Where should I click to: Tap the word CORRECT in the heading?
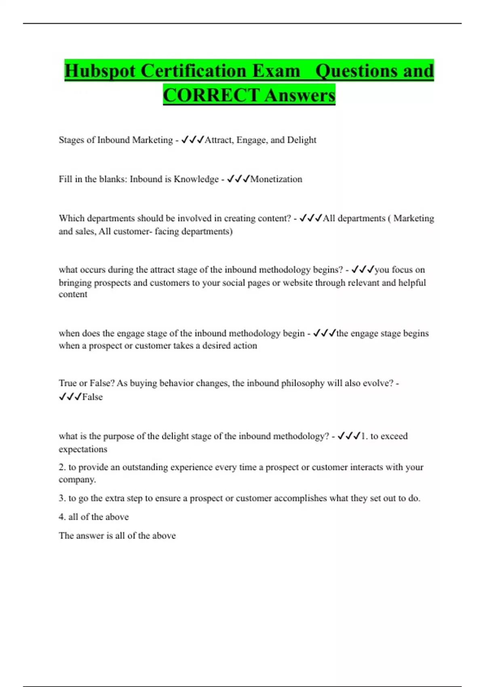[x=211, y=95]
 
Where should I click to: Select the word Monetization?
[x=276, y=179]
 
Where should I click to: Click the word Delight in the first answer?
[x=302, y=140]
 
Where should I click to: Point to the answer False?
[x=93, y=397]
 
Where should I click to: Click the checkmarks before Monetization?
[x=238, y=179]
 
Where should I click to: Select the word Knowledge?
[x=196, y=179]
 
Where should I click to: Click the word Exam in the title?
[x=276, y=71]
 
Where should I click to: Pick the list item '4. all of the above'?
[x=94, y=517]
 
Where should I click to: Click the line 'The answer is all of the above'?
[x=117, y=535]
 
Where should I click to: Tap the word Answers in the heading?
[x=300, y=95]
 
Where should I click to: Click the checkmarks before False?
[x=70, y=397]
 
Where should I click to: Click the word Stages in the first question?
[x=72, y=140]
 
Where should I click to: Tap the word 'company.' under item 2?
[x=77, y=480]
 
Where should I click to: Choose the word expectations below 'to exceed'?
[x=83, y=449]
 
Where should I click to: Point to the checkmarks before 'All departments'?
[x=311, y=218]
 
